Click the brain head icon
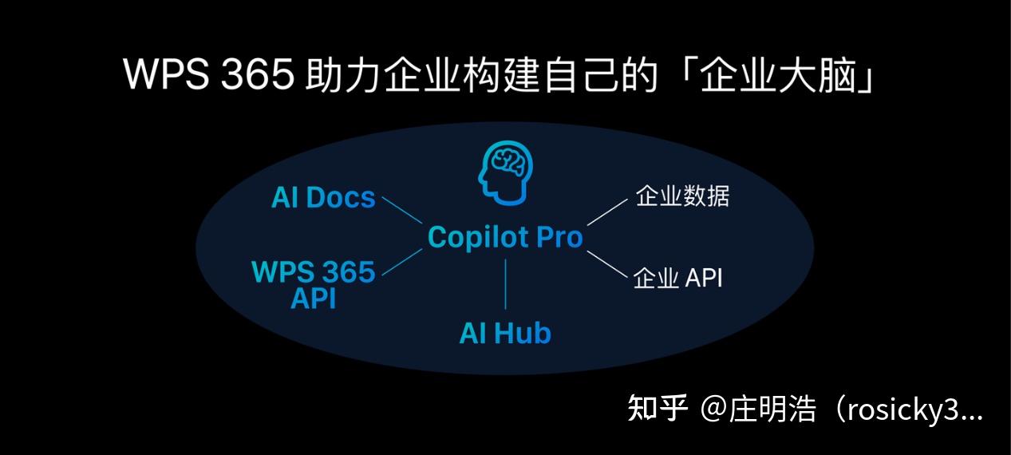pos(505,173)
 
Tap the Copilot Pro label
pos(505,237)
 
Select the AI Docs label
pos(323,198)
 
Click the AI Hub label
pos(505,333)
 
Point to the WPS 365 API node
pos(314,284)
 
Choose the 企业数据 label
pos(682,196)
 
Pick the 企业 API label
pos(678,278)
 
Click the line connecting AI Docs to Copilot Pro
pos(401,210)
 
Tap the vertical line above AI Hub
pos(505,284)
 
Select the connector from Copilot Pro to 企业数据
pos(607,212)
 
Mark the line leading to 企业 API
pos(607,264)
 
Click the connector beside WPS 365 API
pos(401,262)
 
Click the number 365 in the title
pos(257,74)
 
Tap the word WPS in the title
pos(166,74)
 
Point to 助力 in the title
pos(342,75)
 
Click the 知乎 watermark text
pos(658,409)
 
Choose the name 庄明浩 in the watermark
pos(772,409)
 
